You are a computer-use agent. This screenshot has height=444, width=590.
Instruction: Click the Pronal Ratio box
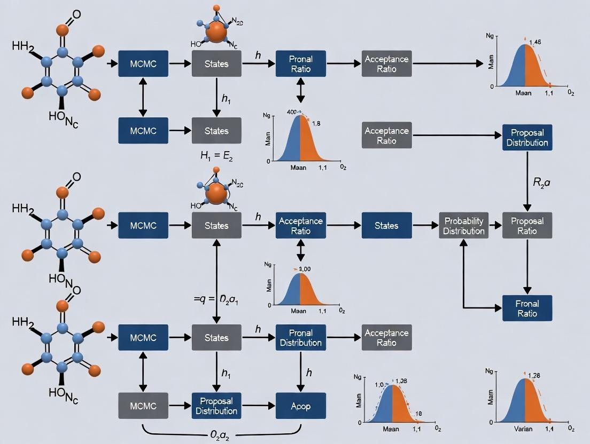tap(300, 64)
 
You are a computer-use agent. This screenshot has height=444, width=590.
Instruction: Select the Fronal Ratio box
tap(527, 308)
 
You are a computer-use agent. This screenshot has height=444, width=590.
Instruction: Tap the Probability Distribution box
tap(463, 225)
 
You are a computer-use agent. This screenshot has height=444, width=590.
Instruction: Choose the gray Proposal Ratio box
tap(527, 225)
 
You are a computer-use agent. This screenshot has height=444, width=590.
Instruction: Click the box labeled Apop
tap(300, 406)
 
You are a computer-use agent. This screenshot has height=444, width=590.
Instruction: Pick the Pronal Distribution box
tap(300, 338)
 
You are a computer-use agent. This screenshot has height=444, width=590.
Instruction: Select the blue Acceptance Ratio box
tap(300, 225)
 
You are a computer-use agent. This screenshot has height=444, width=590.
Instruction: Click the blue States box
tap(386, 225)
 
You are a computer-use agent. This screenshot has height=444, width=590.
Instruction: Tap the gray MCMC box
tap(143, 406)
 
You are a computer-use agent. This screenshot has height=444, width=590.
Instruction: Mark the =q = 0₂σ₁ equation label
tap(216, 299)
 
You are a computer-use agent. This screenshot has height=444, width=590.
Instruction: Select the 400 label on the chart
tap(292, 112)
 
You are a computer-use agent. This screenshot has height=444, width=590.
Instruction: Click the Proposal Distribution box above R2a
tap(527, 138)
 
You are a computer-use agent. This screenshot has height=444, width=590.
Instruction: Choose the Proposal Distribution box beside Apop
tap(216, 406)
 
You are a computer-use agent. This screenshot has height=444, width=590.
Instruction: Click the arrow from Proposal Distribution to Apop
tap(258, 406)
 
